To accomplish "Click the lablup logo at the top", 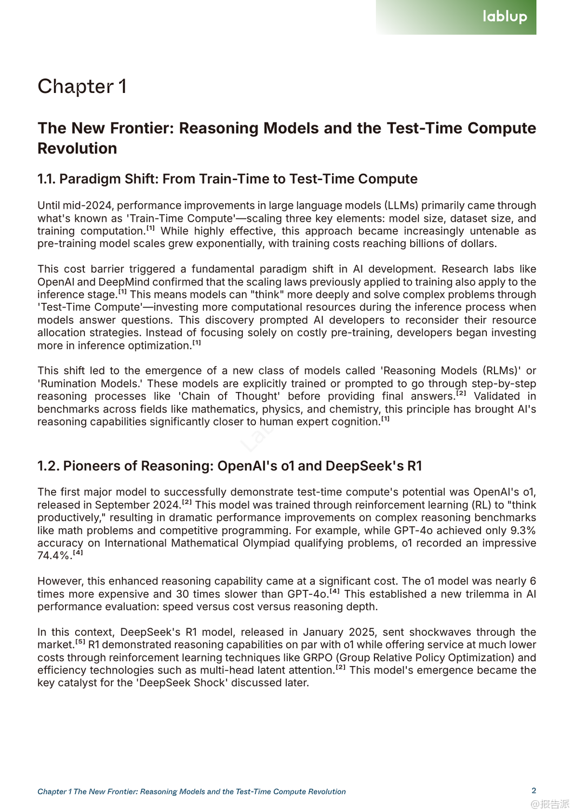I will (x=504, y=16).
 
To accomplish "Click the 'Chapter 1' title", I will (x=82, y=87).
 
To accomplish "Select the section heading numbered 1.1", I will (x=227, y=179).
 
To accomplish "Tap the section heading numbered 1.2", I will (x=229, y=466).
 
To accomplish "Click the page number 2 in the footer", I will (x=534, y=790).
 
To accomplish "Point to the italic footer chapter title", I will (x=192, y=792).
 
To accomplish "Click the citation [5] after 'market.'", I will (x=80, y=642).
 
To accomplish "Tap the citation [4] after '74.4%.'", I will (x=78, y=553).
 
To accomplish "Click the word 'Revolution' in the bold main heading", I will (x=77, y=148).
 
